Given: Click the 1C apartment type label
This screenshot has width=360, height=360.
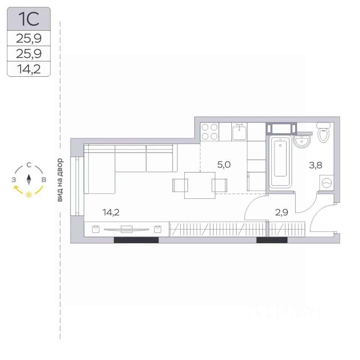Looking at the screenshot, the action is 28,19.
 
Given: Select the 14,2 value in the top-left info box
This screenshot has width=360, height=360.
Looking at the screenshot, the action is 29,69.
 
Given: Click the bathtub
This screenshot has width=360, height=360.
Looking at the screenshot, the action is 280,162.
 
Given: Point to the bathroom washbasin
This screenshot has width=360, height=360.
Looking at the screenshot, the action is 302,141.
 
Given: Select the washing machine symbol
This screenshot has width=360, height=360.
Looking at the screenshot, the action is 327,183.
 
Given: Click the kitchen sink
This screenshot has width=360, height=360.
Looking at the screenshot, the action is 239,132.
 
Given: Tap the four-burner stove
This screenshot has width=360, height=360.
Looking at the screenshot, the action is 209,132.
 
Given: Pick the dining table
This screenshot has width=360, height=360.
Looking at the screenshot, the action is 200,185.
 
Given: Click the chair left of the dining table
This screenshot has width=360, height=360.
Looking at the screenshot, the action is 180,185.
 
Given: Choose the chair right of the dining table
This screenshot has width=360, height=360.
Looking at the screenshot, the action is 219,185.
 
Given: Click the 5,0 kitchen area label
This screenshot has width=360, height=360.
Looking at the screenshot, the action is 224,165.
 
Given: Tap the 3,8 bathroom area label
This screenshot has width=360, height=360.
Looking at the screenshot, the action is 315,165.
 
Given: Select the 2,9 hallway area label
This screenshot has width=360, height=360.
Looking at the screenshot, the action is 282,213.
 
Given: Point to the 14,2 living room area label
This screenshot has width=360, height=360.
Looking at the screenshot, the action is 111,212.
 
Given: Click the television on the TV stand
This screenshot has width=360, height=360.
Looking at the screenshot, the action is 126,229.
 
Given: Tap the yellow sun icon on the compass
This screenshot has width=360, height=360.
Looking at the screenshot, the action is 29,195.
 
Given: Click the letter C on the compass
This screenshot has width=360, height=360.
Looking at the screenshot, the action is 29,165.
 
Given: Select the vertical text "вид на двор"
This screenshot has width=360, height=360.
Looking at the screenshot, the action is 60,180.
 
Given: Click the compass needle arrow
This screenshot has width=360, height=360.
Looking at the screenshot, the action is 29,180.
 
